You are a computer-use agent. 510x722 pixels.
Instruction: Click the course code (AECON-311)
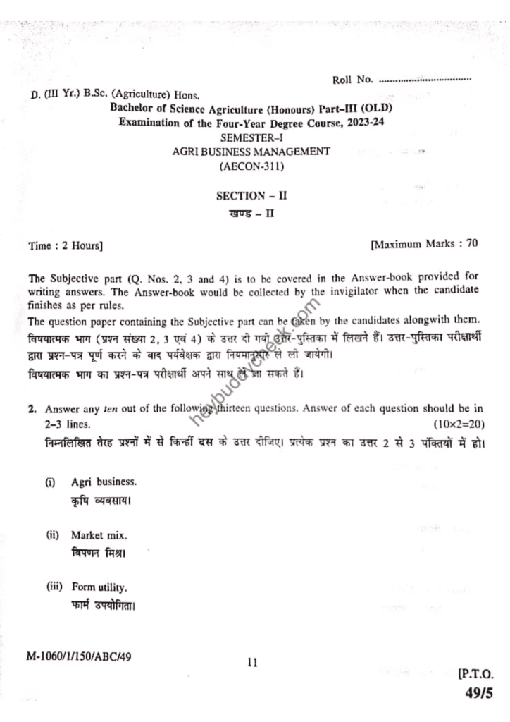251,166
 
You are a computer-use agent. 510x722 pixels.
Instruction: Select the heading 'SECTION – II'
251,197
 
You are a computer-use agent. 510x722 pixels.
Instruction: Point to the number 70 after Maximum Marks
472,244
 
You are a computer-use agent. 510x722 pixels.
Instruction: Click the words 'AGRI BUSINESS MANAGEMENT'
251,151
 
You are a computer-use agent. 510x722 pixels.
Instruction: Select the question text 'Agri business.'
104,482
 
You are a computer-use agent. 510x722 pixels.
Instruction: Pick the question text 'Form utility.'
99,587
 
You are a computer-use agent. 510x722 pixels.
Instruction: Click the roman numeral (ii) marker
53,535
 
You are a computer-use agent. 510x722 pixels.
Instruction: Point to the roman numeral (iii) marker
54,587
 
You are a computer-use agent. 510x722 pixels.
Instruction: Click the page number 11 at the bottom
253,662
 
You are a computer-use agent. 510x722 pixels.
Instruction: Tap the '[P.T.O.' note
475,674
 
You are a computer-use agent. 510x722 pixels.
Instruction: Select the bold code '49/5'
478,694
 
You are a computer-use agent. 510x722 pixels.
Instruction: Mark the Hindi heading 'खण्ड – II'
251,214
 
